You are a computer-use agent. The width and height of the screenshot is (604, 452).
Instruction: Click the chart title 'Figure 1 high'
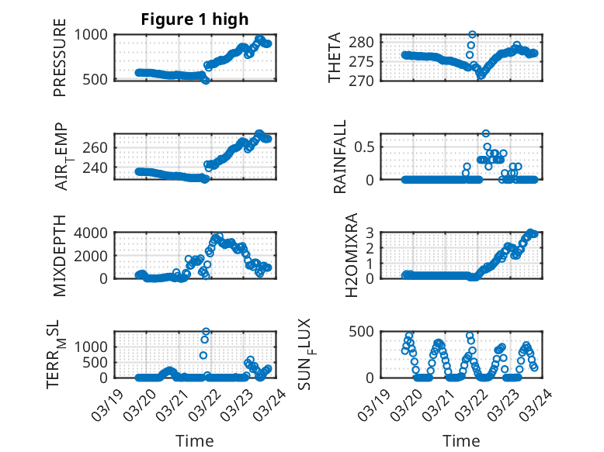coord(194,19)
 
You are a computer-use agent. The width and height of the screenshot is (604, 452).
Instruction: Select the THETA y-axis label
coord(335,58)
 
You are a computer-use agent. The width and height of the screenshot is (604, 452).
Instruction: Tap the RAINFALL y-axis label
coord(340,157)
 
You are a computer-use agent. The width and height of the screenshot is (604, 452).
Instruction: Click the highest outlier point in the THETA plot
coord(472,35)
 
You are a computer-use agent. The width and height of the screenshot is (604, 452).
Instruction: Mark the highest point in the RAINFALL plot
coord(486,133)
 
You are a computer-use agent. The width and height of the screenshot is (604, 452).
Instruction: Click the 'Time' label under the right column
coord(461,440)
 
